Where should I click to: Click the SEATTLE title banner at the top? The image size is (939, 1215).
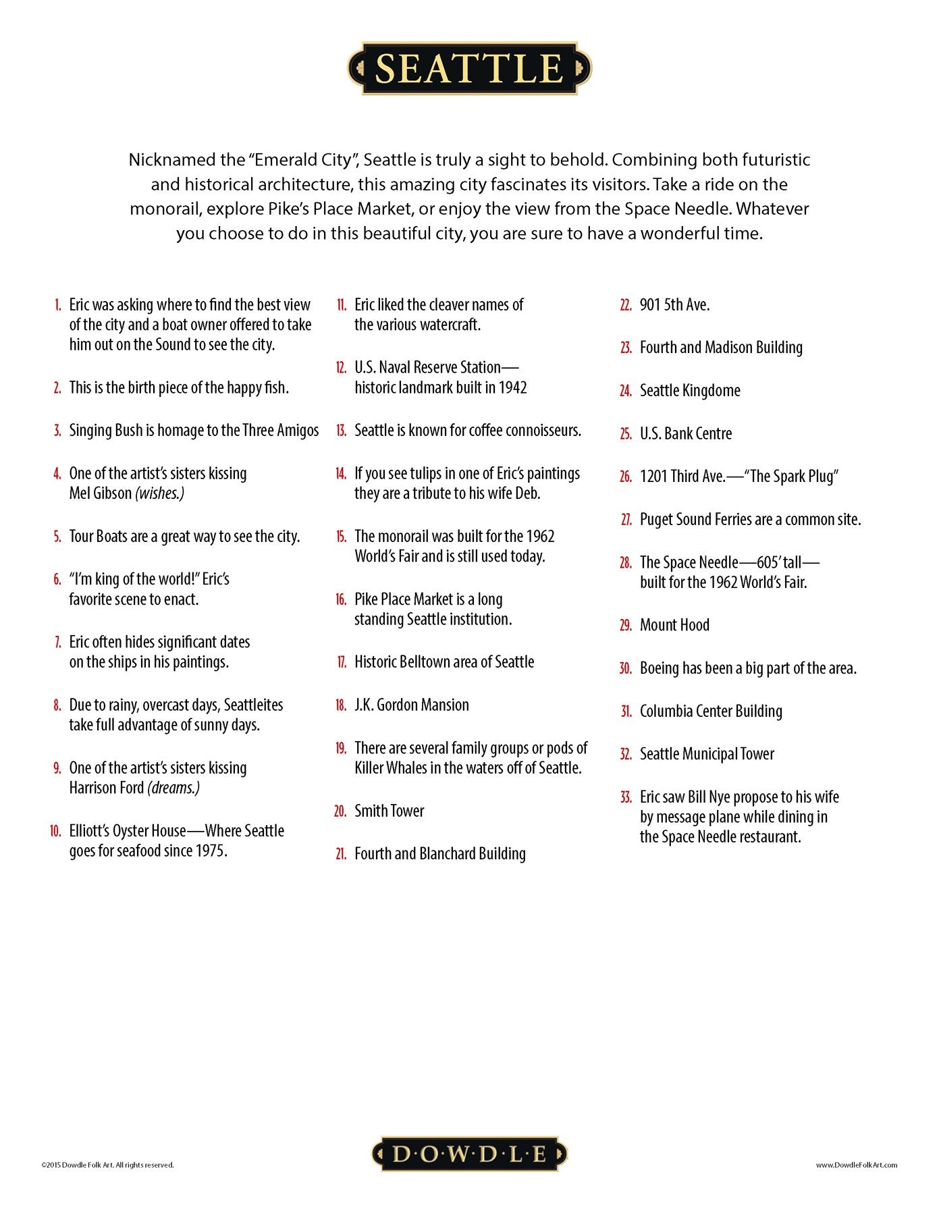[469, 68]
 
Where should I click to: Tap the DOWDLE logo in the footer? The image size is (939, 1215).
[469, 1154]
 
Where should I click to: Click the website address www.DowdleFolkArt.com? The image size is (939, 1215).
[856, 1164]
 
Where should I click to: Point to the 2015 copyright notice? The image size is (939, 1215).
[107, 1164]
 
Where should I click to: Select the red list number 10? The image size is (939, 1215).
[55, 831]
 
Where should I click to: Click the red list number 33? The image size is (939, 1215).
[626, 797]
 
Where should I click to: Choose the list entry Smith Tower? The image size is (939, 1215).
[389, 811]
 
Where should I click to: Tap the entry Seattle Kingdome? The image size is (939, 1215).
[689, 391]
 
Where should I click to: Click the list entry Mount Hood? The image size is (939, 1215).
[674, 625]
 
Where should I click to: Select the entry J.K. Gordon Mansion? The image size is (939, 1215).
[411, 705]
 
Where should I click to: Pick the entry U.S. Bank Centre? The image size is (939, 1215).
[685, 433]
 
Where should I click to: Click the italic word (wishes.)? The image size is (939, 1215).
[160, 493]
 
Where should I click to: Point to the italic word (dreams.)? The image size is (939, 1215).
[174, 788]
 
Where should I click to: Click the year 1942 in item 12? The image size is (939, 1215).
[512, 387]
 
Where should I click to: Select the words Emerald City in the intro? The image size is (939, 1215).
[303, 160]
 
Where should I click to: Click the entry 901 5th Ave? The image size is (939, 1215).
[674, 305]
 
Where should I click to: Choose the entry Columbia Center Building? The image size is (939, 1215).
[710, 711]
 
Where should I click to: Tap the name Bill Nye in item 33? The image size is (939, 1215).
[709, 797]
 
